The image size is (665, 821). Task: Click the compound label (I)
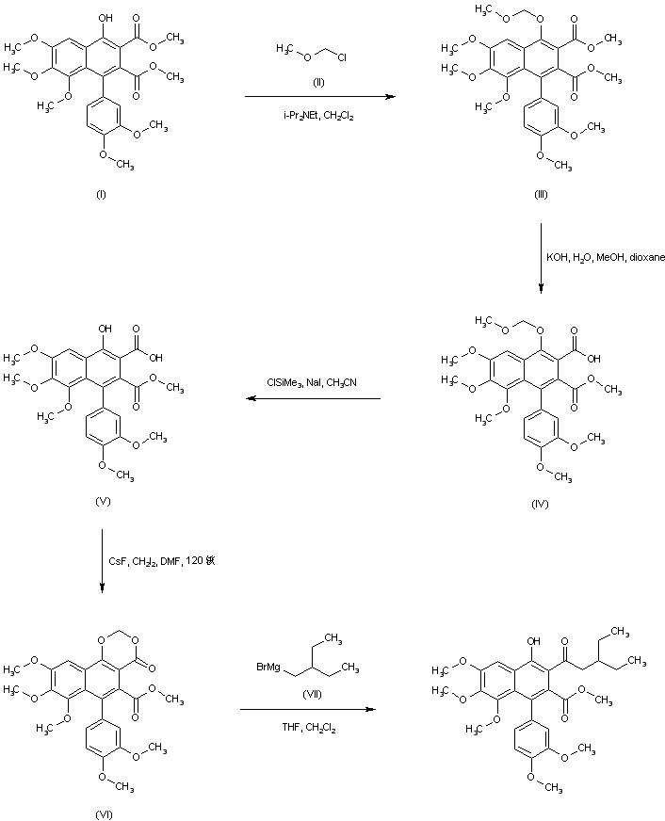click(100, 195)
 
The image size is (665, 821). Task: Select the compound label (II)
click(318, 82)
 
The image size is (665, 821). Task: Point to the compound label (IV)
click(539, 505)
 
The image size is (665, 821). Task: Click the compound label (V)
click(104, 501)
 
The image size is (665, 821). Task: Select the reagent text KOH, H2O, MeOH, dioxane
click(606, 256)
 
